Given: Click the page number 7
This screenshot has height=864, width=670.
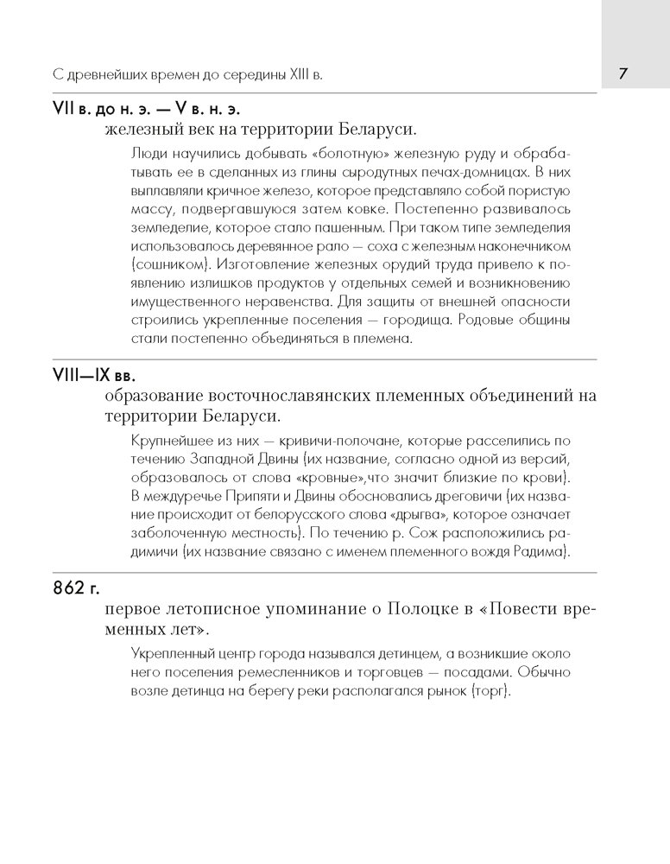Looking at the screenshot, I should click(623, 73).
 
